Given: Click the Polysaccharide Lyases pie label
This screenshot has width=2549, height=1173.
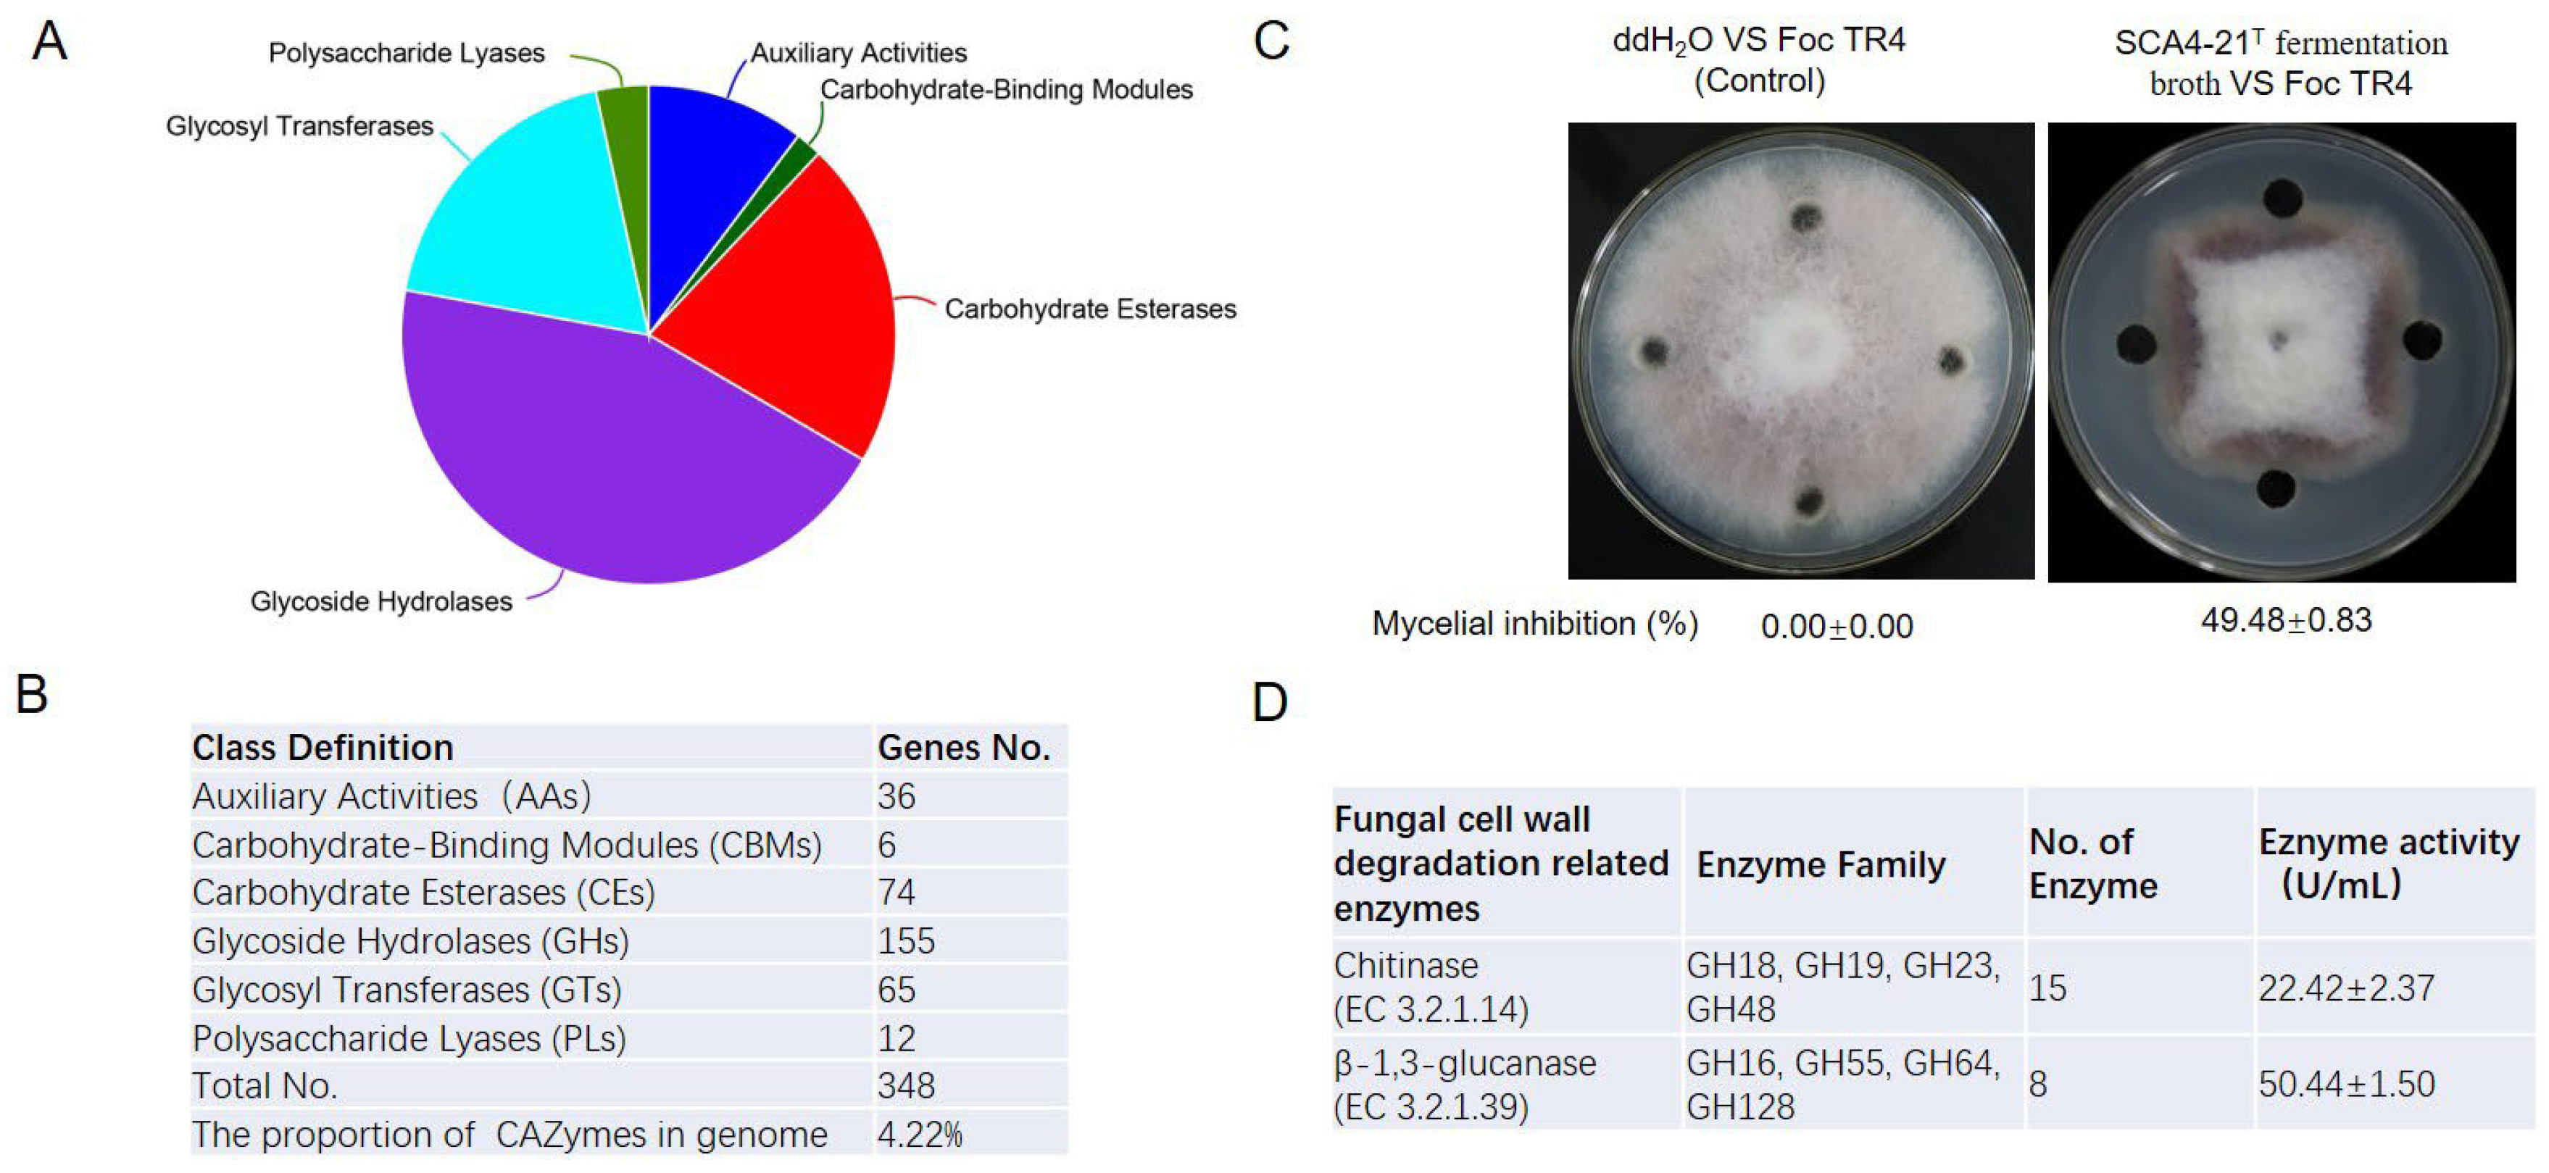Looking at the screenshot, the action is [406, 52].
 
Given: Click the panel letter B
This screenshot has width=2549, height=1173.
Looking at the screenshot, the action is [32, 694].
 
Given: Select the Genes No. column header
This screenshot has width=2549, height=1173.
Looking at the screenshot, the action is [964, 748].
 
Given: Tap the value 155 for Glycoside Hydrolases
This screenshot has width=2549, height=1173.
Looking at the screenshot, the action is [905, 940].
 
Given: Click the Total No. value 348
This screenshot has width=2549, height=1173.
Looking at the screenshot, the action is [905, 1086].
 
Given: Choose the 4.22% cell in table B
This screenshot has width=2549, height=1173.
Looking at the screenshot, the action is [919, 1135].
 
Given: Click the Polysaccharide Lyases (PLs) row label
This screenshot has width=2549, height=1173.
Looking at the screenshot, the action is [409, 1038].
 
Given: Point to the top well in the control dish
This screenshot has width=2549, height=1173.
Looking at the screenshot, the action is [1807, 217].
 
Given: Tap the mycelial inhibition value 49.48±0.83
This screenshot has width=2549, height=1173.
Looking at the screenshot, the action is [2286, 620].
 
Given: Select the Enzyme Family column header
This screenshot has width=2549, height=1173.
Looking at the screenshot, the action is [1821, 864].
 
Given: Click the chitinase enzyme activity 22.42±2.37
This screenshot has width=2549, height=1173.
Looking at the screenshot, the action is [2345, 987].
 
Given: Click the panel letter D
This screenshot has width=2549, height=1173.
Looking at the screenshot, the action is [1270, 702].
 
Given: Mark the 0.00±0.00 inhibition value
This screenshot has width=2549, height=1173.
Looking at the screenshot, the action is [1837, 626].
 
